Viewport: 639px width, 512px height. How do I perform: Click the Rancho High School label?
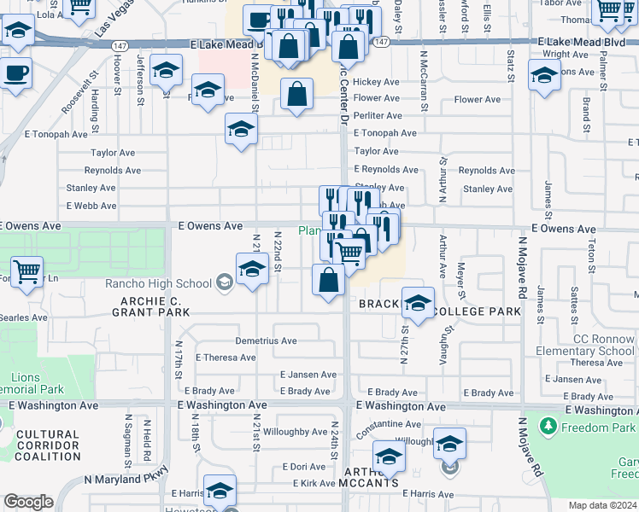click(158, 283)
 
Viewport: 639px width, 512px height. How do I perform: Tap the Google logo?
click(28, 502)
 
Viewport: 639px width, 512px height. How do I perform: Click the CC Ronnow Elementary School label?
click(585, 345)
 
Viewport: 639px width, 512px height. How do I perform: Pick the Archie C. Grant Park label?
click(150, 306)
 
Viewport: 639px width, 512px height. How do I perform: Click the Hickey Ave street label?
click(376, 82)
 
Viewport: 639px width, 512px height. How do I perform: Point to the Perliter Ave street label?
click(376, 113)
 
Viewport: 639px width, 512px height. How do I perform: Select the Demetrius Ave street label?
click(266, 340)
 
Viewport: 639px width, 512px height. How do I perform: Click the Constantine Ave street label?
click(389, 424)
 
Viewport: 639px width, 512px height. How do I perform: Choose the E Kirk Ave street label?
click(314, 483)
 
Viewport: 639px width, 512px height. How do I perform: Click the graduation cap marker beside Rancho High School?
click(253, 270)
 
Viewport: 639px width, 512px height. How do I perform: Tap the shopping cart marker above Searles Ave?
click(27, 273)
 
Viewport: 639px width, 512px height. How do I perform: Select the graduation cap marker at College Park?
click(418, 302)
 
